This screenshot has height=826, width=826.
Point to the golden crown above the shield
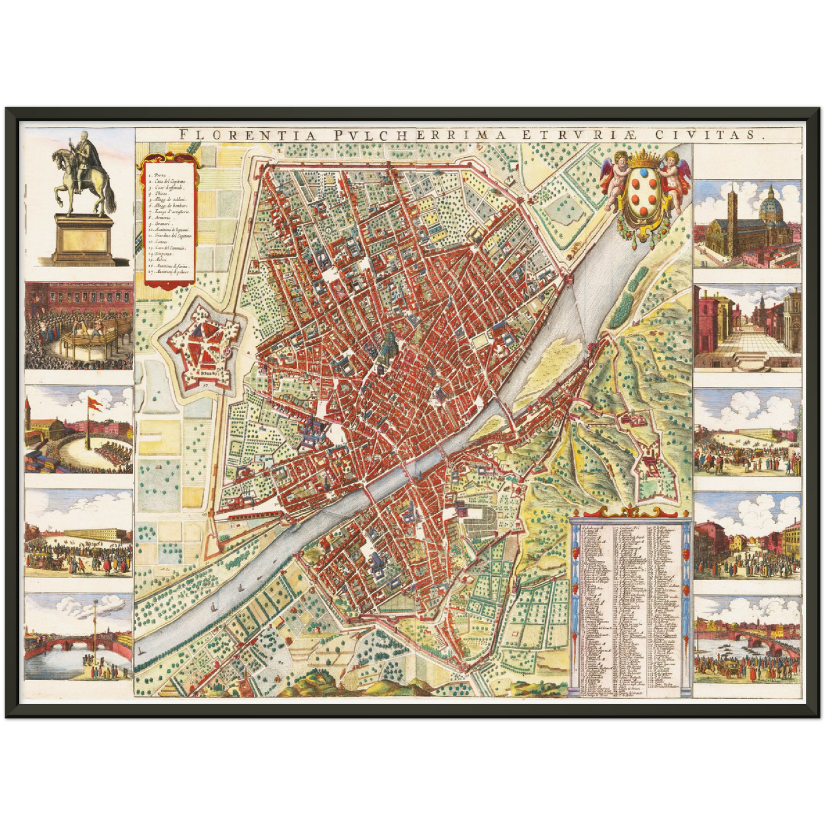tap(644, 157)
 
